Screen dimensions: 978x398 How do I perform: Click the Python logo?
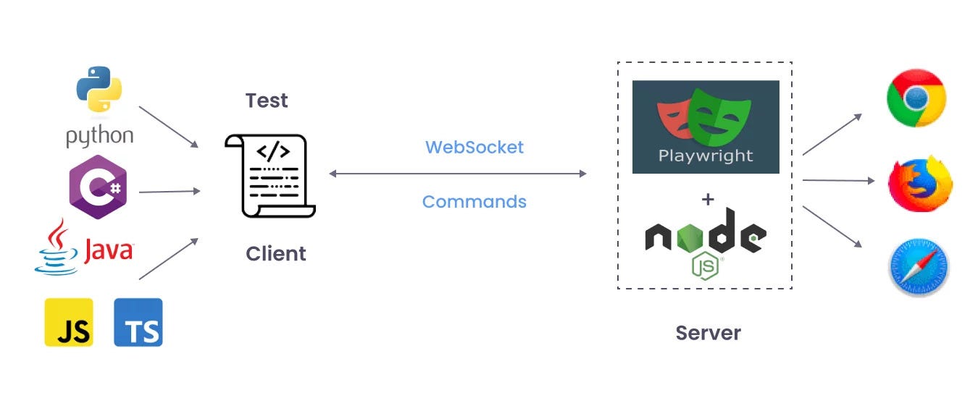click(99, 107)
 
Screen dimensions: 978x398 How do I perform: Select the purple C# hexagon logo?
click(98, 187)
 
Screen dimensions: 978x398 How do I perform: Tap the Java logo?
click(84, 247)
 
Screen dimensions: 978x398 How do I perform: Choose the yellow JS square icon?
click(69, 322)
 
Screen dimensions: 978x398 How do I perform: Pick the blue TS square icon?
click(138, 322)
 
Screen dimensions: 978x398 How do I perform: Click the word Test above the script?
click(267, 101)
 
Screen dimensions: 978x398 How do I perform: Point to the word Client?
click(275, 254)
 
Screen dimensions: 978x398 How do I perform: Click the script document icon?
click(270, 176)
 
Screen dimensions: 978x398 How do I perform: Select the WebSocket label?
click(475, 148)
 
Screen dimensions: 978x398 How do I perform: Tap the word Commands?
click(475, 202)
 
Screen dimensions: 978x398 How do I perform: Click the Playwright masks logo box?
click(706, 127)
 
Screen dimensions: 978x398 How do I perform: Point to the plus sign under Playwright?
click(708, 200)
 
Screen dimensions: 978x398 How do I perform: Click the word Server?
click(709, 333)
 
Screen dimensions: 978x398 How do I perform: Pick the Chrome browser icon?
click(916, 98)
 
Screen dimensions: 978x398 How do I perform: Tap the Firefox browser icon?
click(920, 184)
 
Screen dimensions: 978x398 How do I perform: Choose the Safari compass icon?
click(919, 267)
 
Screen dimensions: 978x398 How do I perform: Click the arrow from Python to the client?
click(169, 127)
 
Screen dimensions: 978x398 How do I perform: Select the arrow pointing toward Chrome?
click(832, 135)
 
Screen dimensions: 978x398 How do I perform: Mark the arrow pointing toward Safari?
click(832, 226)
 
